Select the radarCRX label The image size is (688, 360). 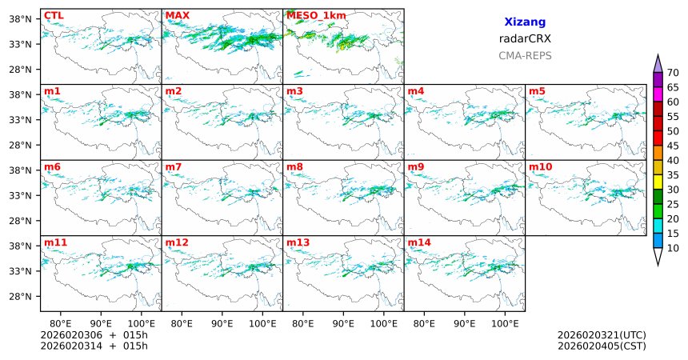(x=525, y=38)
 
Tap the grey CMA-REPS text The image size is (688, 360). (x=525, y=56)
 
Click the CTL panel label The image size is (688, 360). (x=54, y=15)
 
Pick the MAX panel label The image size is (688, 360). (x=177, y=15)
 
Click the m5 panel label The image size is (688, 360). (x=536, y=90)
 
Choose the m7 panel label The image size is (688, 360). (x=174, y=166)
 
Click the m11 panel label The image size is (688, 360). (x=55, y=242)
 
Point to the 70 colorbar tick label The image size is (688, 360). (x=674, y=73)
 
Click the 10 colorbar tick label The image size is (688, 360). (x=674, y=249)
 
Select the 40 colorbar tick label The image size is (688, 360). (x=674, y=161)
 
